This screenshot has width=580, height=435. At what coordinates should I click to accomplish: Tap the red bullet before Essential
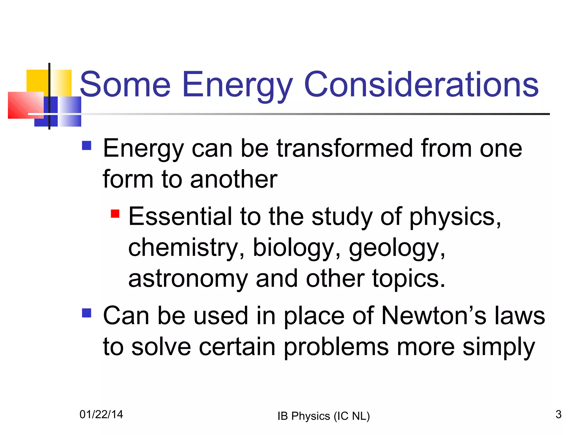coord(115,213)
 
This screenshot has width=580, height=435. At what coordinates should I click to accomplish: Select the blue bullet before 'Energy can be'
coord(86,146)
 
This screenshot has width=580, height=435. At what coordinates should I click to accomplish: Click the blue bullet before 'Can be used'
coord(86,313)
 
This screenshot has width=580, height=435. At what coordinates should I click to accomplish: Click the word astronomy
coord(188,279)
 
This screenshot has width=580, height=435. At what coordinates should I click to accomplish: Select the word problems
coord(336,347)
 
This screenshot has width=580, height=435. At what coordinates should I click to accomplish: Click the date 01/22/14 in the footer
coord(101,414)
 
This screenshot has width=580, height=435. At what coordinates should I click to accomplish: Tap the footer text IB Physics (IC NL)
coord(323,416)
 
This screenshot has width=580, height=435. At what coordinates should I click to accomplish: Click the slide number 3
coord(558,414)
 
